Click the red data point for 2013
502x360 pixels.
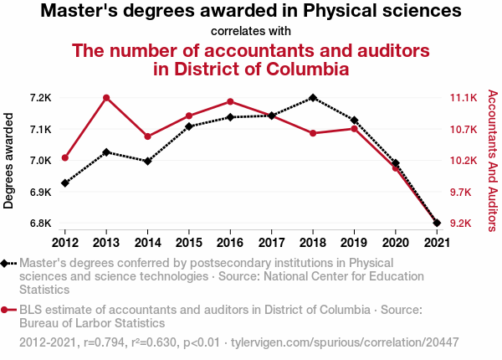(x=106, y=98)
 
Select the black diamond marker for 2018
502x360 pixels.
(x=313, y=98)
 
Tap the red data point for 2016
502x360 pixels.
(x=230, y=102)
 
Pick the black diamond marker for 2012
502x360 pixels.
(x=65, y=183)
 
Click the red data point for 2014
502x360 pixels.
(x=148, y=136)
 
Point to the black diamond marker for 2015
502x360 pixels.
(x=189, y=126)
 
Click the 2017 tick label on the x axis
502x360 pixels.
(x=271, y=243)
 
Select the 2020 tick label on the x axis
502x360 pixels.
(x=395, y=243)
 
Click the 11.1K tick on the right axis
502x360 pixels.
(x=464, y=98)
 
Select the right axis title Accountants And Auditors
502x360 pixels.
(x=492, y=161)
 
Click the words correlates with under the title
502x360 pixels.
(x=251, y=32)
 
